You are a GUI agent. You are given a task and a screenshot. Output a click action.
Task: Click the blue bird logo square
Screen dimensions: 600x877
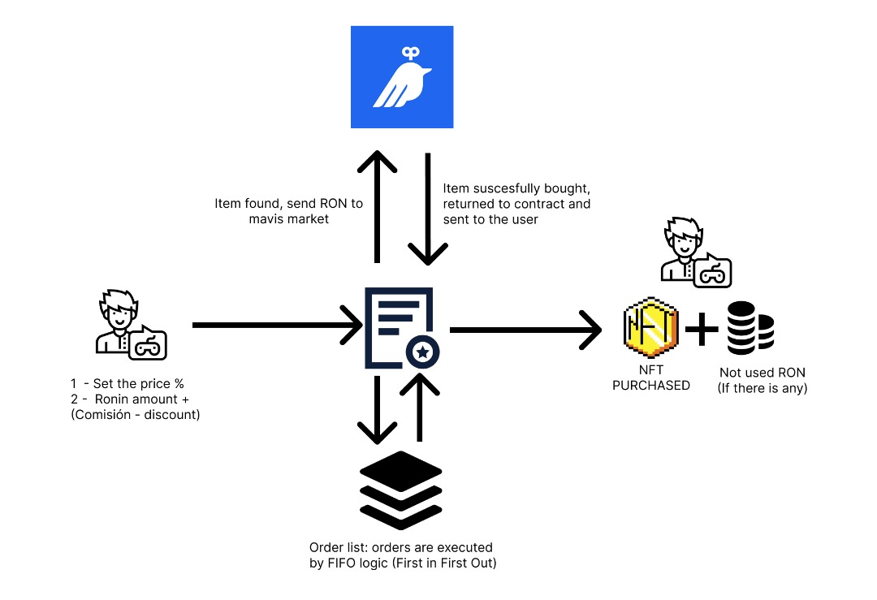tap(402, 77)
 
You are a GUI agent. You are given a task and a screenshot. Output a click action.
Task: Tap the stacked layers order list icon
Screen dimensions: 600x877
tap(400, 488)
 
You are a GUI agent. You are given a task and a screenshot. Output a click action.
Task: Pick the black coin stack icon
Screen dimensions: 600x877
tap(750, 328)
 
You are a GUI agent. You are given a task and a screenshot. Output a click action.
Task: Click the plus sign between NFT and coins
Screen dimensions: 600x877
tap(702, 330)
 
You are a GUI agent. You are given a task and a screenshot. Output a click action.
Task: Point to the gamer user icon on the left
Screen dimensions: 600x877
tap(130, 324)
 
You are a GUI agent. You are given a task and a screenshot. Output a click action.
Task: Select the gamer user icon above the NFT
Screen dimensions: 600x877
tap(695, 253)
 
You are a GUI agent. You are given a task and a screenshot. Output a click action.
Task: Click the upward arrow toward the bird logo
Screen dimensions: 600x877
tap(376, 206)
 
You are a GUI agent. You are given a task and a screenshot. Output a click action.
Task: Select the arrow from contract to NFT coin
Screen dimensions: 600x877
tap(525, 330)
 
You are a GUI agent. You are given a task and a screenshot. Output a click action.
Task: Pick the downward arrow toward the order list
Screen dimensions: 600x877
tap(376, 409)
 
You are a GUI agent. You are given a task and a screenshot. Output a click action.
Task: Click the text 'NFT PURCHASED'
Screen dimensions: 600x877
tap(650, 378)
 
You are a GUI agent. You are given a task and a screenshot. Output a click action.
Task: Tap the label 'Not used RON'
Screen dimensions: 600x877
tap(763, 373)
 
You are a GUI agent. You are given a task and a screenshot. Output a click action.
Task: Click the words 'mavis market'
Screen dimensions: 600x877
tap(288, 218)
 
